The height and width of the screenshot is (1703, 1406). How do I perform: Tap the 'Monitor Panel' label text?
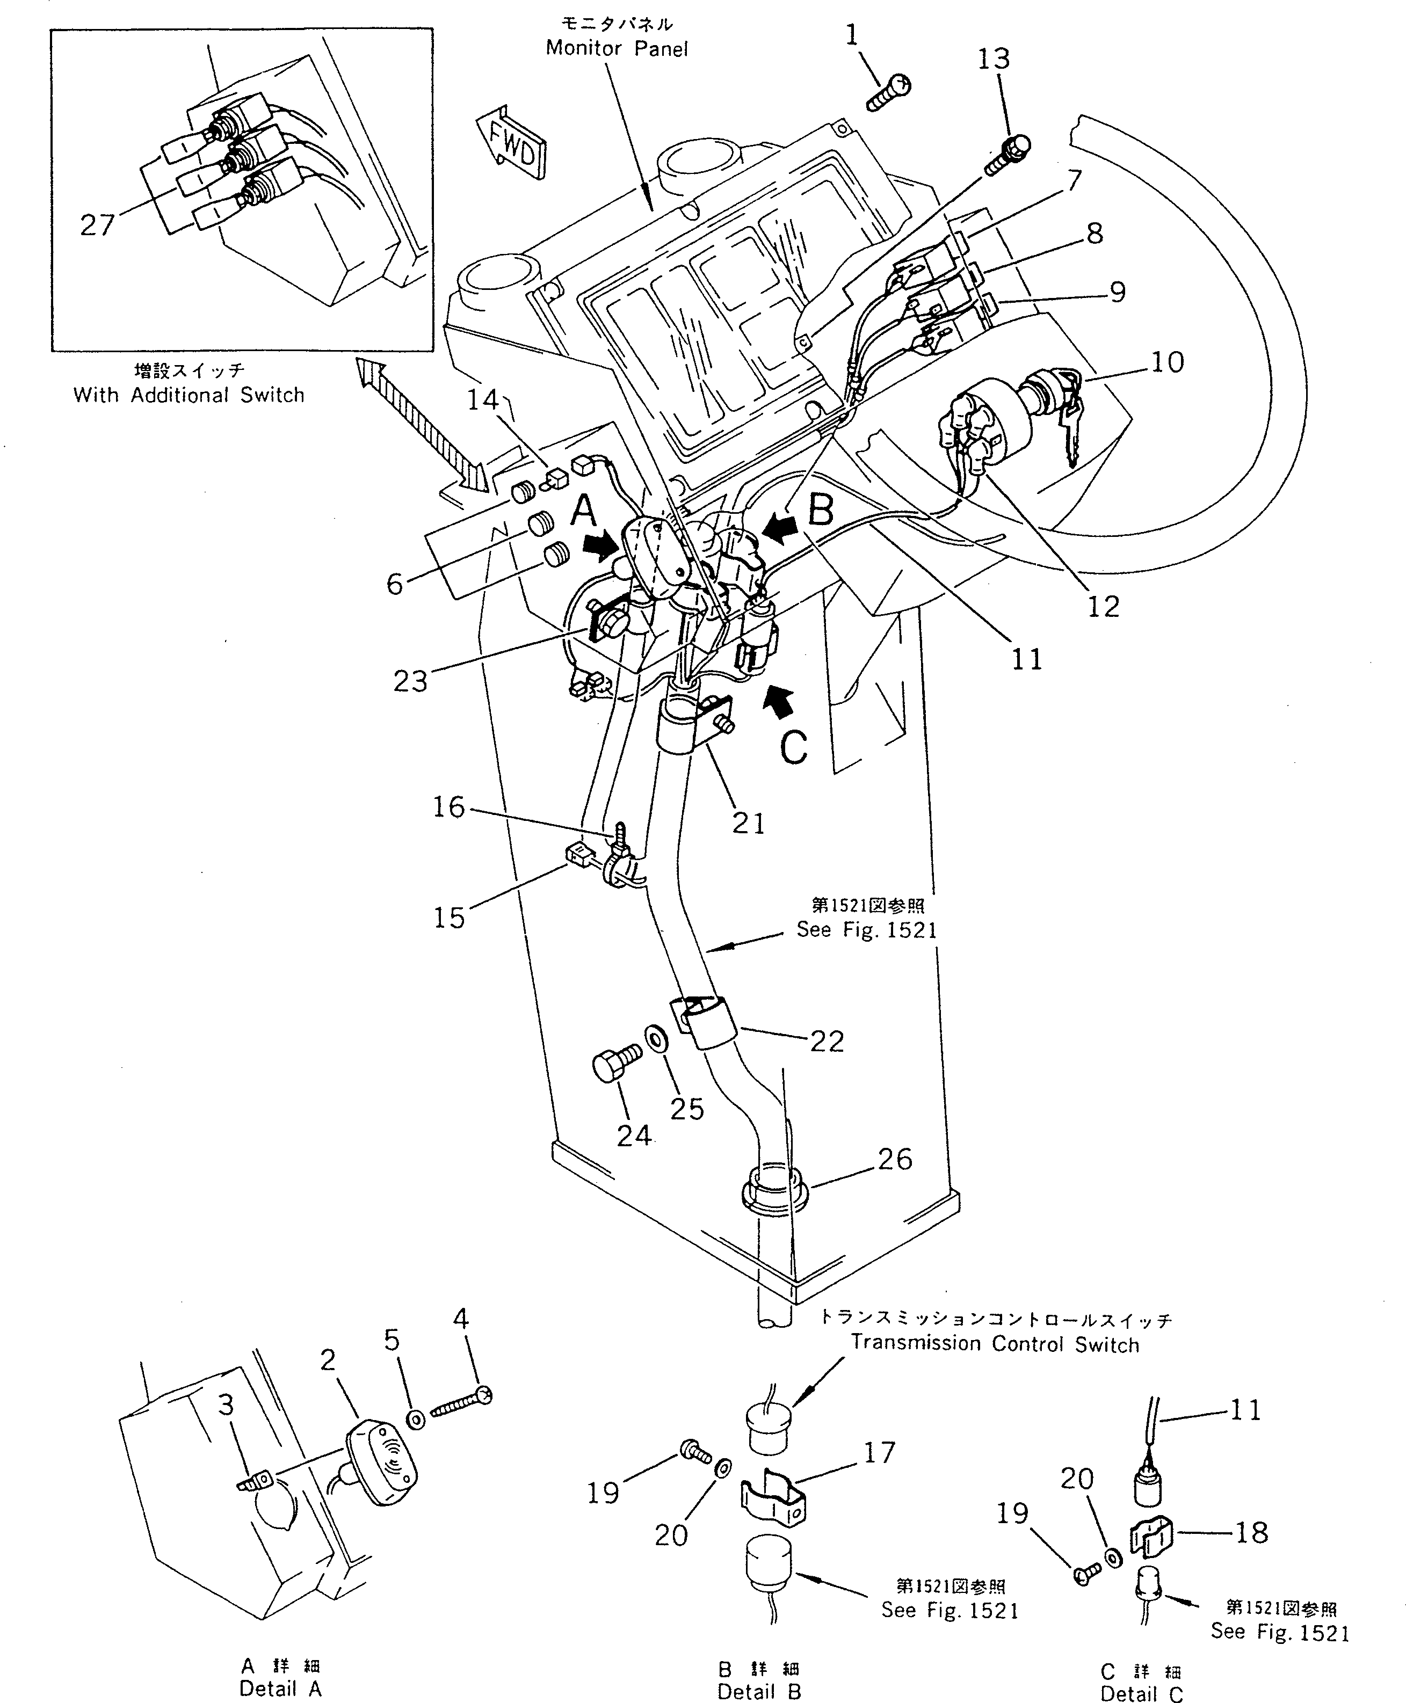617,48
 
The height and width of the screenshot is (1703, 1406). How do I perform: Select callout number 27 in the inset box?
97,224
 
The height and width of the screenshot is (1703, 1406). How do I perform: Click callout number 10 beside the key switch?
1166,362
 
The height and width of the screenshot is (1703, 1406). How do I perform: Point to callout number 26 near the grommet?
895,1160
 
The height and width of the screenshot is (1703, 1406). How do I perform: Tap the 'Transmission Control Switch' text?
995,1344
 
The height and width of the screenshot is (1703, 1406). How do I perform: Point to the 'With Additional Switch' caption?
189,395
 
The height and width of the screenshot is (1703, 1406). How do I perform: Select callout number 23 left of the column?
410,681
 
